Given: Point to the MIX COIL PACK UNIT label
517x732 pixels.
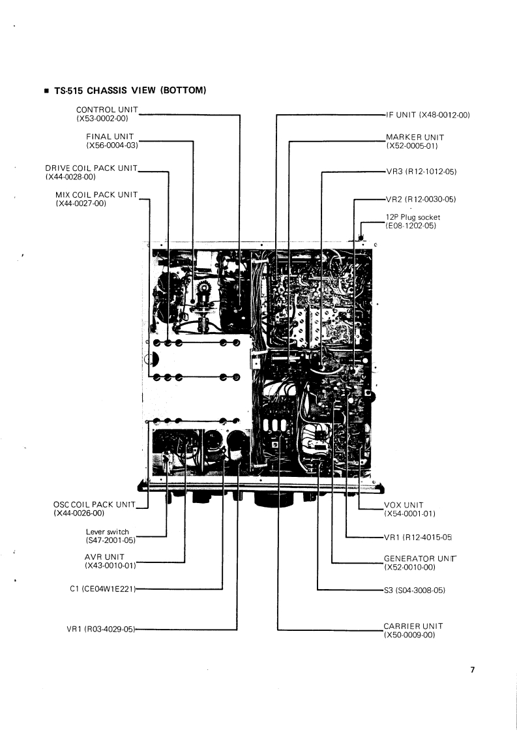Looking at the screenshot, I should pyautogui.click(x=97, y=194).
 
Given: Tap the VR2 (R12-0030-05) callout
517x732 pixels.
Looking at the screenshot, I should pyautogui.click(x=421, y=199).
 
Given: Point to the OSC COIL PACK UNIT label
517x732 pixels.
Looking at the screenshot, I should pyautogui.click(x=93, y=504).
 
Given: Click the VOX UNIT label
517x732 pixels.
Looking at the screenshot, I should pyautogui.click(x=404, y=504).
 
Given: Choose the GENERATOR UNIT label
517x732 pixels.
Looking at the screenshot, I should pyautogui.click(x=421, y=559).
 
